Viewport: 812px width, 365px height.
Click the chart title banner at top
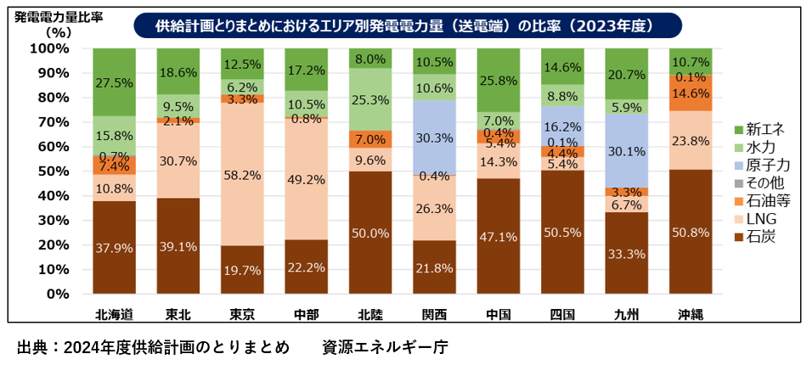[x=407, y=25]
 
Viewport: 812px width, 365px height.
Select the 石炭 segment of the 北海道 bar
[x=114, y=247]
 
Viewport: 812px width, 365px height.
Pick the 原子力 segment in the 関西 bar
[x=434, y=137]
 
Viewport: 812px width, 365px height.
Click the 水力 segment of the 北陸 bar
[x=370, y=99]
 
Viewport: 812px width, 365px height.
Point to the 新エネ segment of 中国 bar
[x=499, y=80]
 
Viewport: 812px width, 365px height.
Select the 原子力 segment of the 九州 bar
[x=627, y=150]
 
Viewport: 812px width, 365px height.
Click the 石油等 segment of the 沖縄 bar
[x=691, y=93]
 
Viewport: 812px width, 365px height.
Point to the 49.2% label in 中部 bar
[x=306, y=179]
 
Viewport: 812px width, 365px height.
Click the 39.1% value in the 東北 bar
[x=178, y=246]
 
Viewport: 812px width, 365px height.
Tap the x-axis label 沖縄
[x=691, y=314]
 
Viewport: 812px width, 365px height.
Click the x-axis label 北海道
[x=114, y=314]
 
